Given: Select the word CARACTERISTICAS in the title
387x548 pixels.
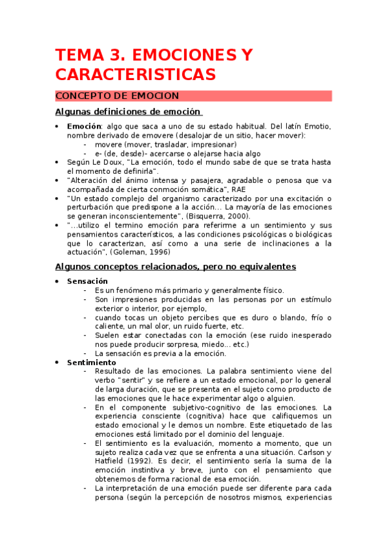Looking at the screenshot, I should tap(135, 74).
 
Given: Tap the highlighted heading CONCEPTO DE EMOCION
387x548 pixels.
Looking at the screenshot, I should tap(117, 96).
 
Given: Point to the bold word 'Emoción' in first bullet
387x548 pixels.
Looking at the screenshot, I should tap(84, 126).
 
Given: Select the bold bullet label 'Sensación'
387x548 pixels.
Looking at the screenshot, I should tap(87, 281).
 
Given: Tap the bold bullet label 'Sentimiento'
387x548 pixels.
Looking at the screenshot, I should tap(91, 363).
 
